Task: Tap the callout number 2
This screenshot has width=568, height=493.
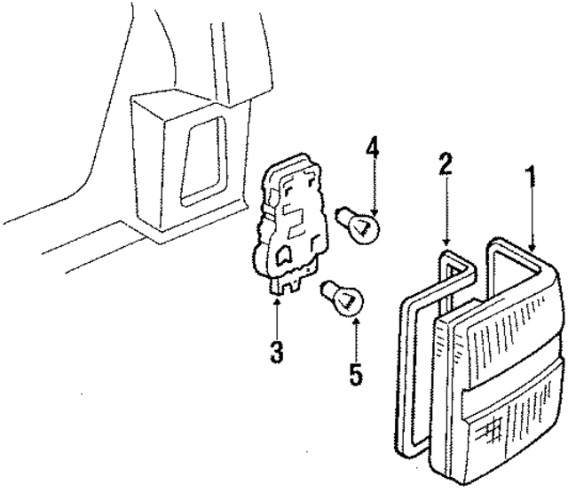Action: point(446,164)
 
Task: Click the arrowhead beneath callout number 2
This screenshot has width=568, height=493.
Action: point(446,243)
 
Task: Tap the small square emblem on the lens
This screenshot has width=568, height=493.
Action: point(492,431)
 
